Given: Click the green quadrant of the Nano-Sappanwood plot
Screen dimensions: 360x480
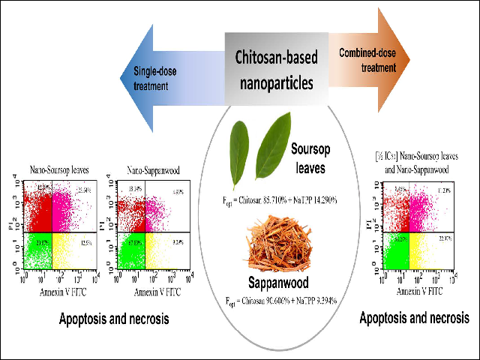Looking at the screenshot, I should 129,251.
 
